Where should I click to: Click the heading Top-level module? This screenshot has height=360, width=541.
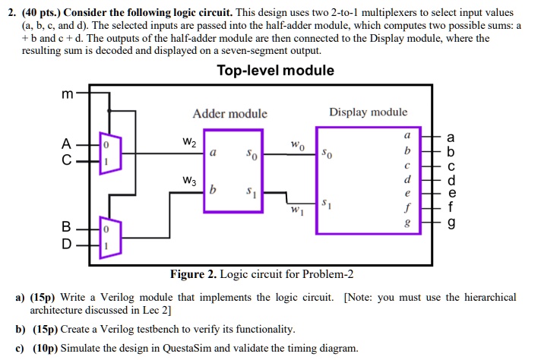(275, 71)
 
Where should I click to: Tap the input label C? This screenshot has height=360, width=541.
(68, 161)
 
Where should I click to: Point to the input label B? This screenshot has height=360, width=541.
(68, 226)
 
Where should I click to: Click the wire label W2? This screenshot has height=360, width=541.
(189, 141)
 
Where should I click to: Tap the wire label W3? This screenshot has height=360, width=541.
(189, 181)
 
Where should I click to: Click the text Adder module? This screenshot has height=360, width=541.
(229, 114)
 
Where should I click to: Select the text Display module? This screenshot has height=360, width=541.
(368, 112)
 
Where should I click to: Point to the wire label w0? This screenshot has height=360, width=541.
(297, 144)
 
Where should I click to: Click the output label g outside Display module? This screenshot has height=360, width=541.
(452, 225)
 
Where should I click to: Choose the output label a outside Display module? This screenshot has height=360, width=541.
(452, 137)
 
